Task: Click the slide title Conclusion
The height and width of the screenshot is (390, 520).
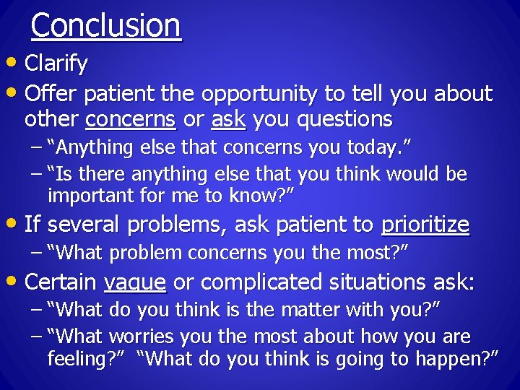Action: [106, 25]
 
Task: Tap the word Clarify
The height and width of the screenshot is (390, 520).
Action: [56, 64]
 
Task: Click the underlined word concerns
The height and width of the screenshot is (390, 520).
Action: [131, 118]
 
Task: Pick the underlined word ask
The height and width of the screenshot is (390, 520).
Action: [228, 118]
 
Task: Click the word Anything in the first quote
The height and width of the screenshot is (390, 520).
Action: [90, 148]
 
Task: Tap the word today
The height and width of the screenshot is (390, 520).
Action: [373, 148]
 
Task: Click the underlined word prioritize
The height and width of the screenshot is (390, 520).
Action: [425, 225]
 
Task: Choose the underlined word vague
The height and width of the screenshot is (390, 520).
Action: [135, 282]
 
